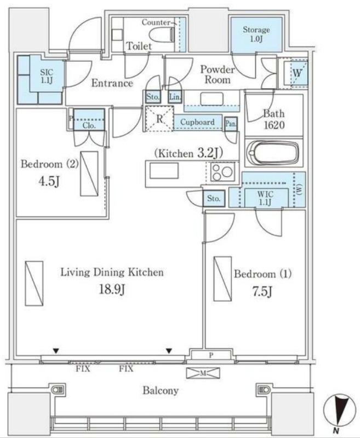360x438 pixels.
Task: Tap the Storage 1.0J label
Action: click(256, 34)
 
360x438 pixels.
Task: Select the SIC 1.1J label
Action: click(47, 77)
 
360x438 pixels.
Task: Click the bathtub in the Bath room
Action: click(273, 153)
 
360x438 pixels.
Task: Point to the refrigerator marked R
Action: click(159, 119)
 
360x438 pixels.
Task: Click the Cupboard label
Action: click(197, 122)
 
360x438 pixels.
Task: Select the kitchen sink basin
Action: click(164, 171)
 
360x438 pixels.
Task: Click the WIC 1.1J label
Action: click(265, 198)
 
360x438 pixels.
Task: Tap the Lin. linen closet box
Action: click(175, 97)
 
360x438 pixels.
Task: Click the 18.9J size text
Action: click(112, 290)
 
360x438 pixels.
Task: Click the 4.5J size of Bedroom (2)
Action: click(49, 181)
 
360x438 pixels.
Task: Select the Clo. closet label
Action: click(89, 126)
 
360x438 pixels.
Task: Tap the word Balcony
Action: click(161, 390)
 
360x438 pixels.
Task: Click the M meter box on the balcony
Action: click(203, 373)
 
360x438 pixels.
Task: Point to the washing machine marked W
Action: click(297, 73)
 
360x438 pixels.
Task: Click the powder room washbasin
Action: click(212, 99)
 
